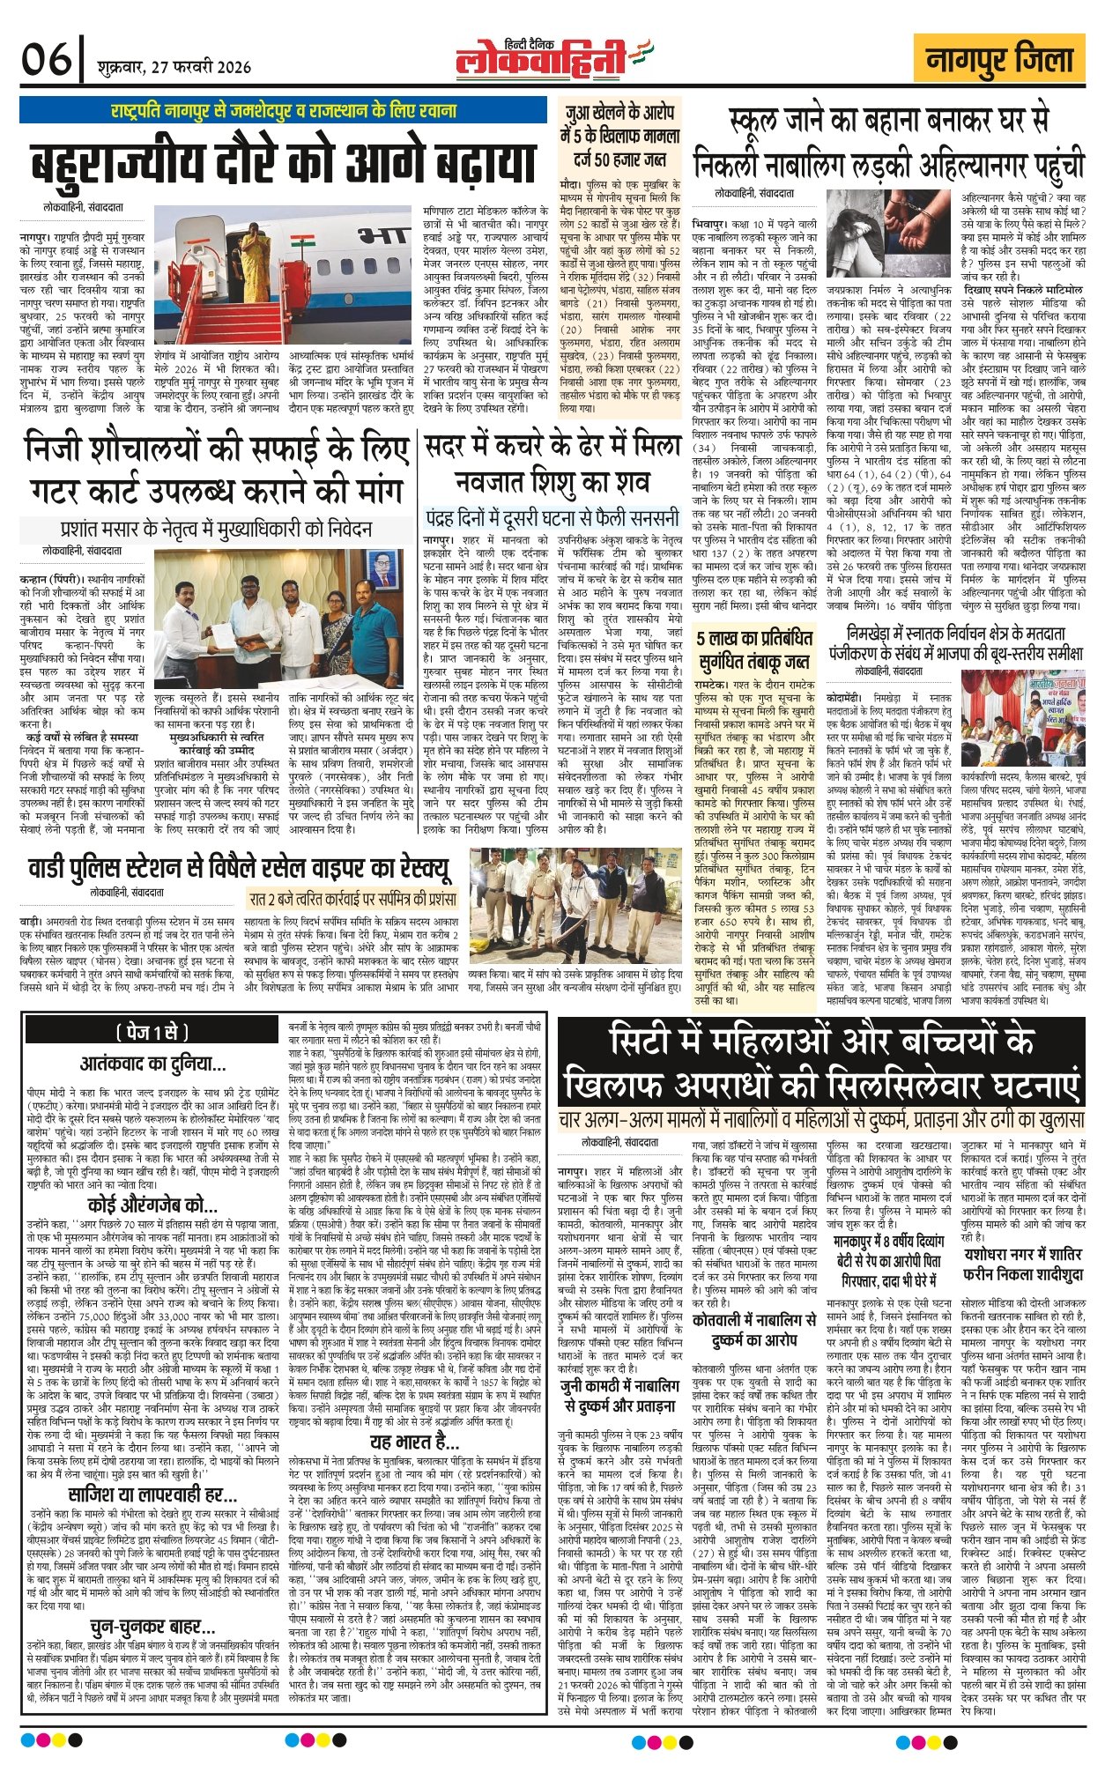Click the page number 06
pos(47,60)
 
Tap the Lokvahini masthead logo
pos(544,58)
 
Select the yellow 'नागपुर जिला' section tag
pos(998,60)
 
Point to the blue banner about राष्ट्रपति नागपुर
pos(284,111)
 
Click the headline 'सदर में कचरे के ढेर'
pos(552,466)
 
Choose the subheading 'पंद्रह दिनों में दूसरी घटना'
pos(552,516)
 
